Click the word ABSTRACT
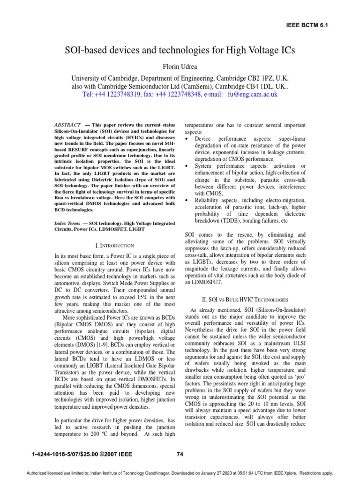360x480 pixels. click(67, 125)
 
